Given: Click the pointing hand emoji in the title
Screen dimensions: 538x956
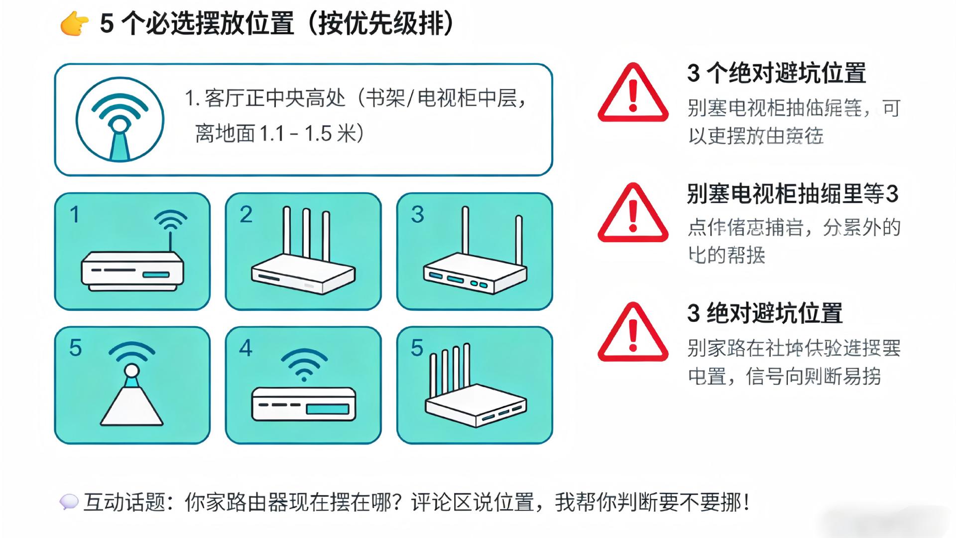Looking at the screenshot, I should coord(74,24).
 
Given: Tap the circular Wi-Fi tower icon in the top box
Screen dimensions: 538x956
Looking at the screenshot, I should coord(119,120).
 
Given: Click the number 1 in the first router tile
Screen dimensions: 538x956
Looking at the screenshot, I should coord(75,215).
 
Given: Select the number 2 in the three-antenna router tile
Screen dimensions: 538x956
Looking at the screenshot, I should coord(246,215).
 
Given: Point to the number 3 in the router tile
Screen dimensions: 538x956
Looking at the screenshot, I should coord(417,215).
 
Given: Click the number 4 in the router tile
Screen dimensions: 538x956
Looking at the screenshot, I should coord(245,348).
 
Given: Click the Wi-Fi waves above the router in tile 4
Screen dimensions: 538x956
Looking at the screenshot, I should coord(304,364).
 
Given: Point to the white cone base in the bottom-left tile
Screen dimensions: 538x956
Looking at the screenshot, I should coord(132,406).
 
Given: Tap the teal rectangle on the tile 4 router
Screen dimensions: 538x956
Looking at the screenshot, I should coord(327,409).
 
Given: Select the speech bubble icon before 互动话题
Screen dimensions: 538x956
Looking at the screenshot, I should coord(69,502).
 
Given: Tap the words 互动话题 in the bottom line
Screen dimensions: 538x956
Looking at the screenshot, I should coord(124,502).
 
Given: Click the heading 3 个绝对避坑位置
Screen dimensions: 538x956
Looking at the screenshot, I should coord(777,73).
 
